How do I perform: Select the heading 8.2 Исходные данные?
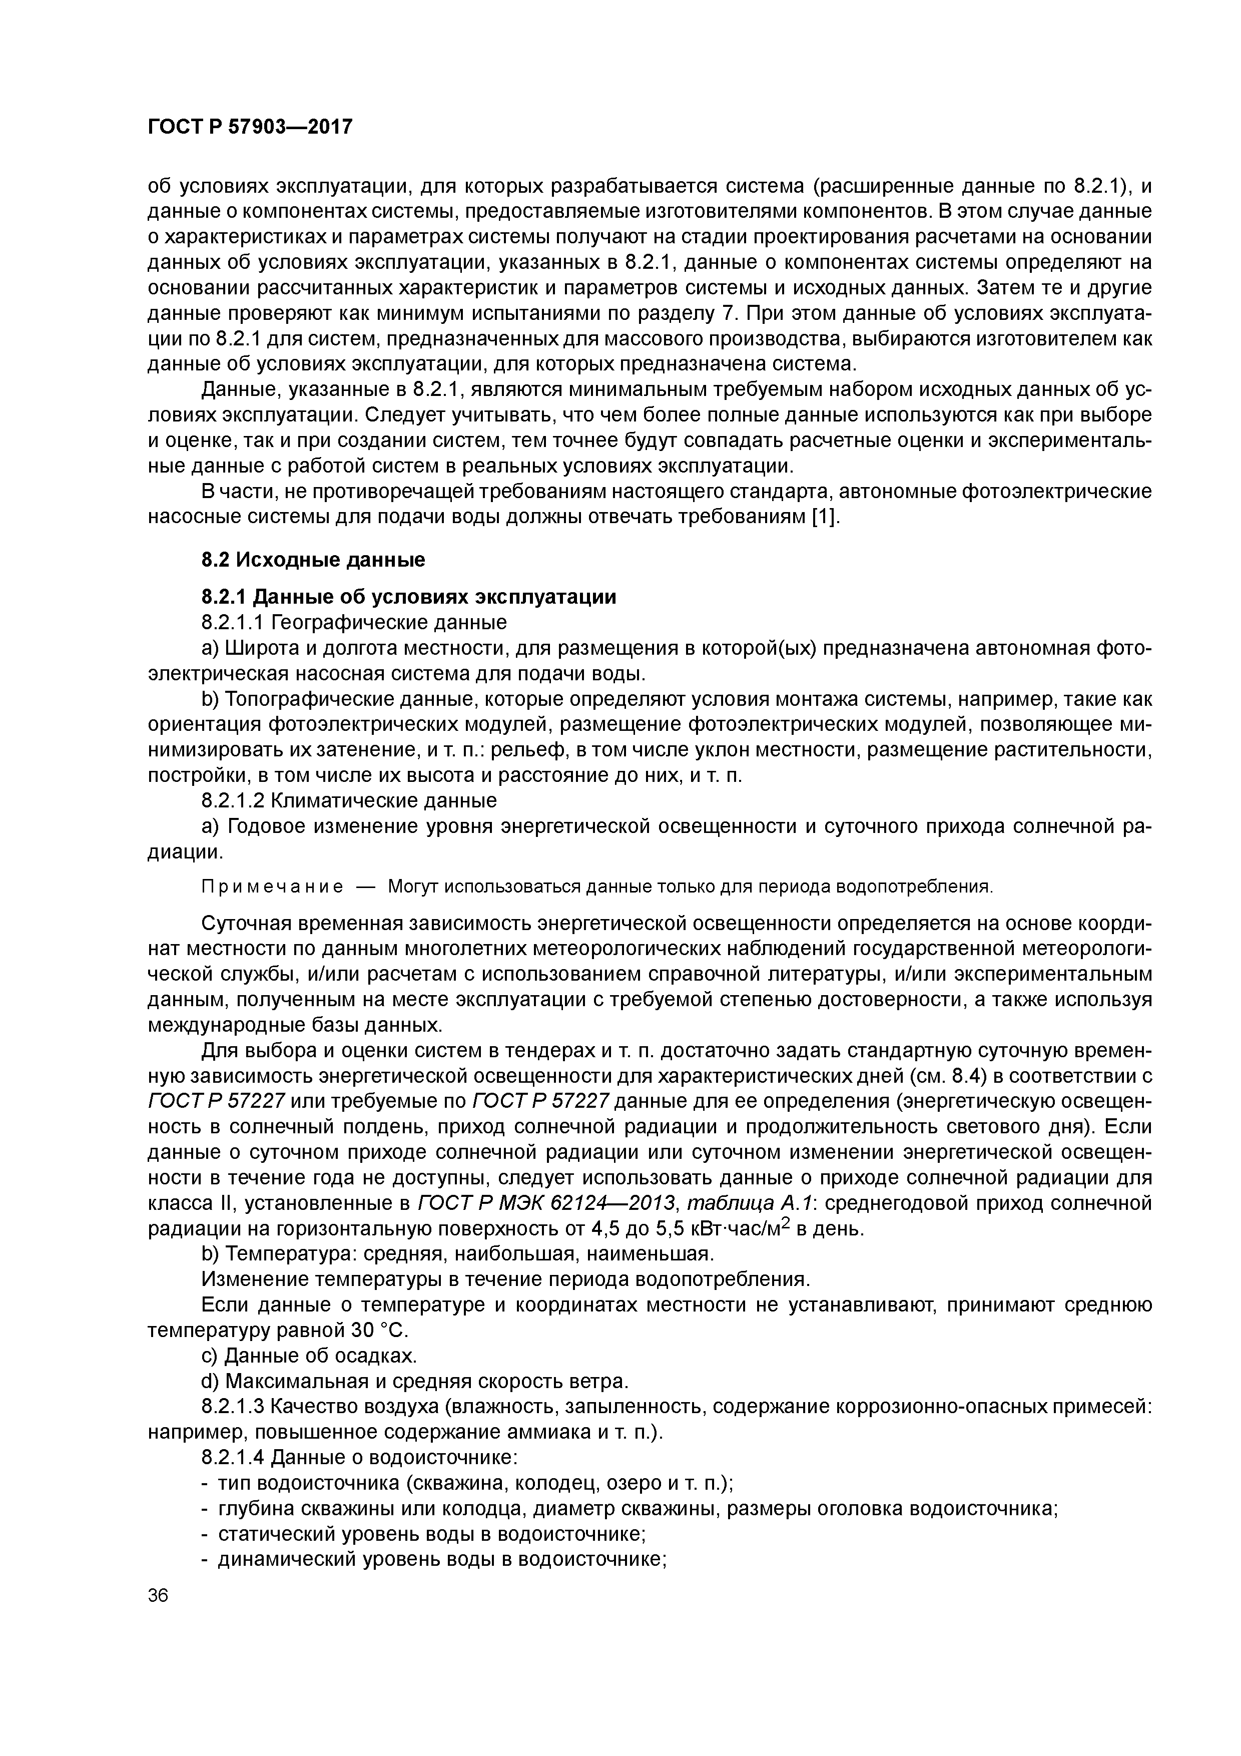[x=313, y=560]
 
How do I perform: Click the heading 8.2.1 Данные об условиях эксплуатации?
[x=408, y=597]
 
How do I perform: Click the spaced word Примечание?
[x=271, y=887]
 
